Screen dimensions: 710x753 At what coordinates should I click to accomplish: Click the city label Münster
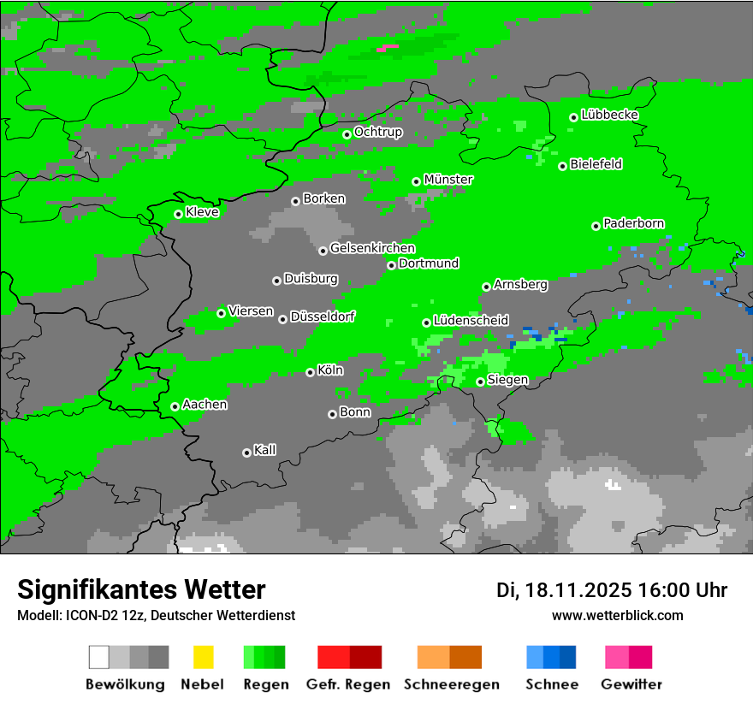coord(448,180)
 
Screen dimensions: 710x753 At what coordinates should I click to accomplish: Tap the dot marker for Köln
coord(311,372)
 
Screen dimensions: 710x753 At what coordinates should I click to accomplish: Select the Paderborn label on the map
coord(633,223)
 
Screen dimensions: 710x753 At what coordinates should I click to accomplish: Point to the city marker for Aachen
coord(175,406)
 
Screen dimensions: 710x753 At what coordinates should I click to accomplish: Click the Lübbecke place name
coord(609,115)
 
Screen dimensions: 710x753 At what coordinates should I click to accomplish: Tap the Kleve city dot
coord(179,215)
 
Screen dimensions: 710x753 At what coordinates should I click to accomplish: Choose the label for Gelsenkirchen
coord(372,248)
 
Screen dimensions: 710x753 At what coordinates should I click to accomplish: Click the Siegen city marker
coord(481,382)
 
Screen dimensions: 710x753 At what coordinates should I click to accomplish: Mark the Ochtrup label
coord(378,132)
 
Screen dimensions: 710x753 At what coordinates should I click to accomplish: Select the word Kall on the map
coord(264,450)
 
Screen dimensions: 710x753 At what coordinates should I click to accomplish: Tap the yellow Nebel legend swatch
coord(204,657)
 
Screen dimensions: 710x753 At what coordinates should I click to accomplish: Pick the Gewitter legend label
coord(631,684)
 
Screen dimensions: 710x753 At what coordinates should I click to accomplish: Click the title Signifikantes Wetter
coord(141,589)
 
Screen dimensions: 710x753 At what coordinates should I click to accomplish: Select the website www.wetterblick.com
coord(617,615)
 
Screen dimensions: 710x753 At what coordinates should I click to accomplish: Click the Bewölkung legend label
coord(125,684)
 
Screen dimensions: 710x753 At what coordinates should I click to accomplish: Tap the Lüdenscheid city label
coord(471,320)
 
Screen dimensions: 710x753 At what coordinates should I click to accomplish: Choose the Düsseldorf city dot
coord(283,319)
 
